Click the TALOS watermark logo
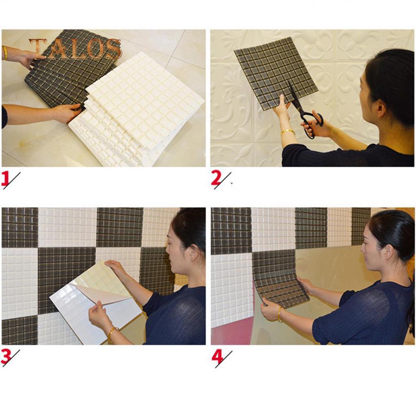click(x=75, y=49)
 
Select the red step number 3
click(x=6, y=357)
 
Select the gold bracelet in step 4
click(x=279, y=314)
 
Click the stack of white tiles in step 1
click(x=138, y=110)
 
